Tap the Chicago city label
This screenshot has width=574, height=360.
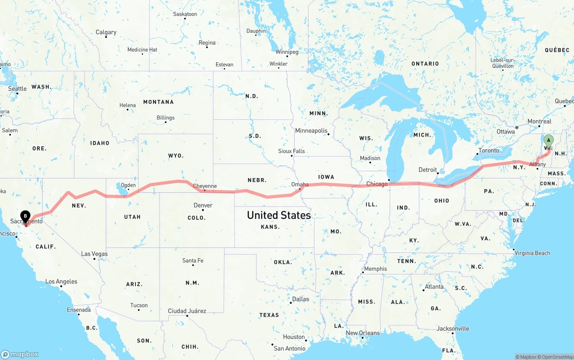(377, 184)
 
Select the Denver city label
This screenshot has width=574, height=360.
(203, 205)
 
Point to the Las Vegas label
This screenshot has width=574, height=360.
(94, 254)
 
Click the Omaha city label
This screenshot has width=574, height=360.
(300, 184)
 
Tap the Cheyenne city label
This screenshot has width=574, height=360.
(204, 186)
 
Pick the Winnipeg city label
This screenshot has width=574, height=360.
(287, 52)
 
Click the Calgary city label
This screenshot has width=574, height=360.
(106, 32)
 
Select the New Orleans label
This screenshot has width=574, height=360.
(362, 333)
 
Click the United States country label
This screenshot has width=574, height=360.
(278, 215)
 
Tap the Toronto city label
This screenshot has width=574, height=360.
(488, 150)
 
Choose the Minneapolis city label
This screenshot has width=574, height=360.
(311, 130)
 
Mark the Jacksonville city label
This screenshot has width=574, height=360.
(453, 329)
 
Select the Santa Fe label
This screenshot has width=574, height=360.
(192, 260)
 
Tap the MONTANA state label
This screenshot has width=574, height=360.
(158, 102)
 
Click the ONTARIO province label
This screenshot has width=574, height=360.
(425, 64)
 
